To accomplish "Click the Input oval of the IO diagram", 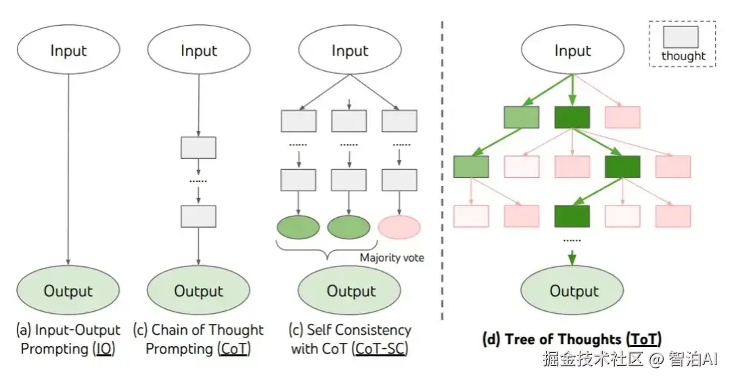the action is coord(68,50).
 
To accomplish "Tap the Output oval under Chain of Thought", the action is coord(198,290).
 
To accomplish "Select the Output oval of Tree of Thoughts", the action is coord(572,290).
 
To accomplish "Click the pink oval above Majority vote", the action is coord(399,227).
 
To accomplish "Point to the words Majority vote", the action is coord(392,258).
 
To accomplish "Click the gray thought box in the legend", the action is coord(681,37).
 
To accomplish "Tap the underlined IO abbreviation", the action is coord(104,349).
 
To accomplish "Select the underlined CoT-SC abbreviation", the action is coord(380,349).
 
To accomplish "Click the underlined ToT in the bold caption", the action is coord(644,339).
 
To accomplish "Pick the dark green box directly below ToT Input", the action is coord(572,117).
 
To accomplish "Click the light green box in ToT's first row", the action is coord(522,117).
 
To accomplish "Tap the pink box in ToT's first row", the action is coord(622,117).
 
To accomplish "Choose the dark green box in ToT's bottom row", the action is coord(572,216).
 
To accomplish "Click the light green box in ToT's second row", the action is coord(471,166).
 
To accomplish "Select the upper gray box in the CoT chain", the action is coord(198,148).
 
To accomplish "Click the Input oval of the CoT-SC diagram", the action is coord(350,50).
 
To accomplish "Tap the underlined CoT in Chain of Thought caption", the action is coord(234,349).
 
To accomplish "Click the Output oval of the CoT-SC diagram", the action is coord(349,290).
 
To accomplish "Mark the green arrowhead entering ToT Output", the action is coord(572,260).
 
